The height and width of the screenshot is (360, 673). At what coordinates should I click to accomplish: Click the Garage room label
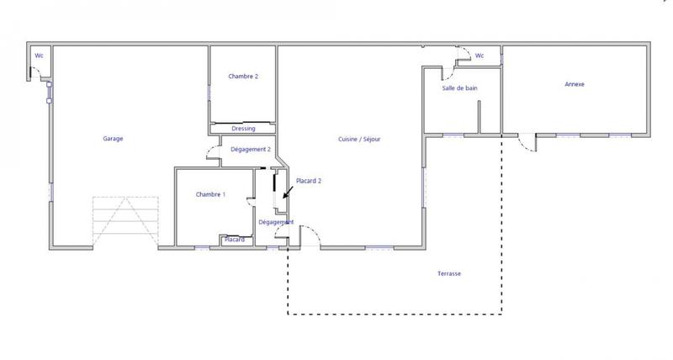(x=114, y=139)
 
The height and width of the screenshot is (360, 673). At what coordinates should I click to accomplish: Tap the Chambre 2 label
(x=243, y=77)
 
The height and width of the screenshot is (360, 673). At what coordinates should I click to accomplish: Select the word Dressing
(x=243, y=130)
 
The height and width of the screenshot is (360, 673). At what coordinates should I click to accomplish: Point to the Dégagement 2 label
(x=250, y=149)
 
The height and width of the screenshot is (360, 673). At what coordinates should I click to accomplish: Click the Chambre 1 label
(x=210, y=194)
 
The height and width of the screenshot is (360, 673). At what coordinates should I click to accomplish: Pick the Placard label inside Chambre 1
(x=235, y=240)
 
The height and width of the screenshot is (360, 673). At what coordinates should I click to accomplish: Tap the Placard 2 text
(x=309, y=181)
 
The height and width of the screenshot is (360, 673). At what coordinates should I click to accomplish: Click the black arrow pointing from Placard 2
(x=288, y=193)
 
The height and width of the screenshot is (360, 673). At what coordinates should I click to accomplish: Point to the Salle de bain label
(x=459, y=88)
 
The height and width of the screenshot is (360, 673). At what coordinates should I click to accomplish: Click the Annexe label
(x=575, y=84)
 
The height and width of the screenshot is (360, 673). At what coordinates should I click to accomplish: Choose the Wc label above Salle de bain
(x=480, y=56)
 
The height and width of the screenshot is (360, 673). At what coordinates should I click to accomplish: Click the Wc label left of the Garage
(x=39, y=56)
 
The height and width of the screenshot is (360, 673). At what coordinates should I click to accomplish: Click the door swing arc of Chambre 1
(x=249, y=200)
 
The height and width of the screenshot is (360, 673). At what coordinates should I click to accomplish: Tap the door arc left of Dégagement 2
(x=211, y=151)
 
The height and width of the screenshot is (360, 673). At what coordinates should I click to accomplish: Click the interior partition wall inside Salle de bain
(x=479, y=117)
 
